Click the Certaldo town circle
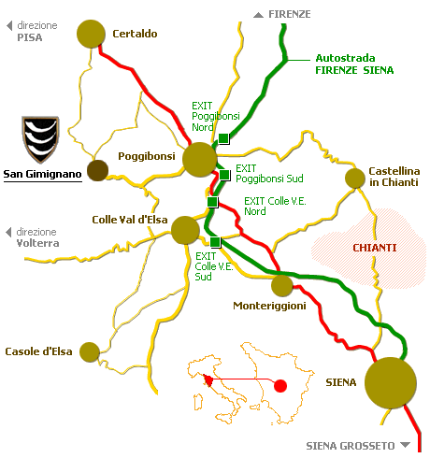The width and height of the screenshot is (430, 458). tap(91, 34)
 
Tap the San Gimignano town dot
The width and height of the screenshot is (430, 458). tap(97, 170)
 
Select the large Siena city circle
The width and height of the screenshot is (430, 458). tap(391, 383)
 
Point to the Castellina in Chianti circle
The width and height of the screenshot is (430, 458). tap(355, 179)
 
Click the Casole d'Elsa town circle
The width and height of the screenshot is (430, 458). tap(90, 352)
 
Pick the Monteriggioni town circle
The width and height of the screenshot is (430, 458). tap(282, 286)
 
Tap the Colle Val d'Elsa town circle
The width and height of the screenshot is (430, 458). tap(185, 230)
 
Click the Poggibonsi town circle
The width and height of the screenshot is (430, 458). tap(199, 160)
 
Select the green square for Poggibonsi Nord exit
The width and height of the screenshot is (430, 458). tap(223, 138)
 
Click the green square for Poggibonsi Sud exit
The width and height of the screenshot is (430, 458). tap(224, 175)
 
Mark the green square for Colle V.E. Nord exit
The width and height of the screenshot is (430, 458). tap(212, 202)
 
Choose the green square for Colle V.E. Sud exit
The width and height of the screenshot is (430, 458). tap(215, 242)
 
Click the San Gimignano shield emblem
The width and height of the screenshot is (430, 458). tap(40, 139)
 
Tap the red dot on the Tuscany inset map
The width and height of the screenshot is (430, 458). tap(280, 386)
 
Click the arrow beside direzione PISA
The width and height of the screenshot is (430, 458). tap(9, 25)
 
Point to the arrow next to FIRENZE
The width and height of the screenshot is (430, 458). tap(258, 15)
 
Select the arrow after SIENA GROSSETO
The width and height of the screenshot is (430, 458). tap(405, 445)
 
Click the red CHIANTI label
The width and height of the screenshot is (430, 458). tap(375, 248)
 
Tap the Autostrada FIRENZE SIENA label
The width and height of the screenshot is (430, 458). tap(354, 64)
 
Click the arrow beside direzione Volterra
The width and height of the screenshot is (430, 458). tap(8, 232)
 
